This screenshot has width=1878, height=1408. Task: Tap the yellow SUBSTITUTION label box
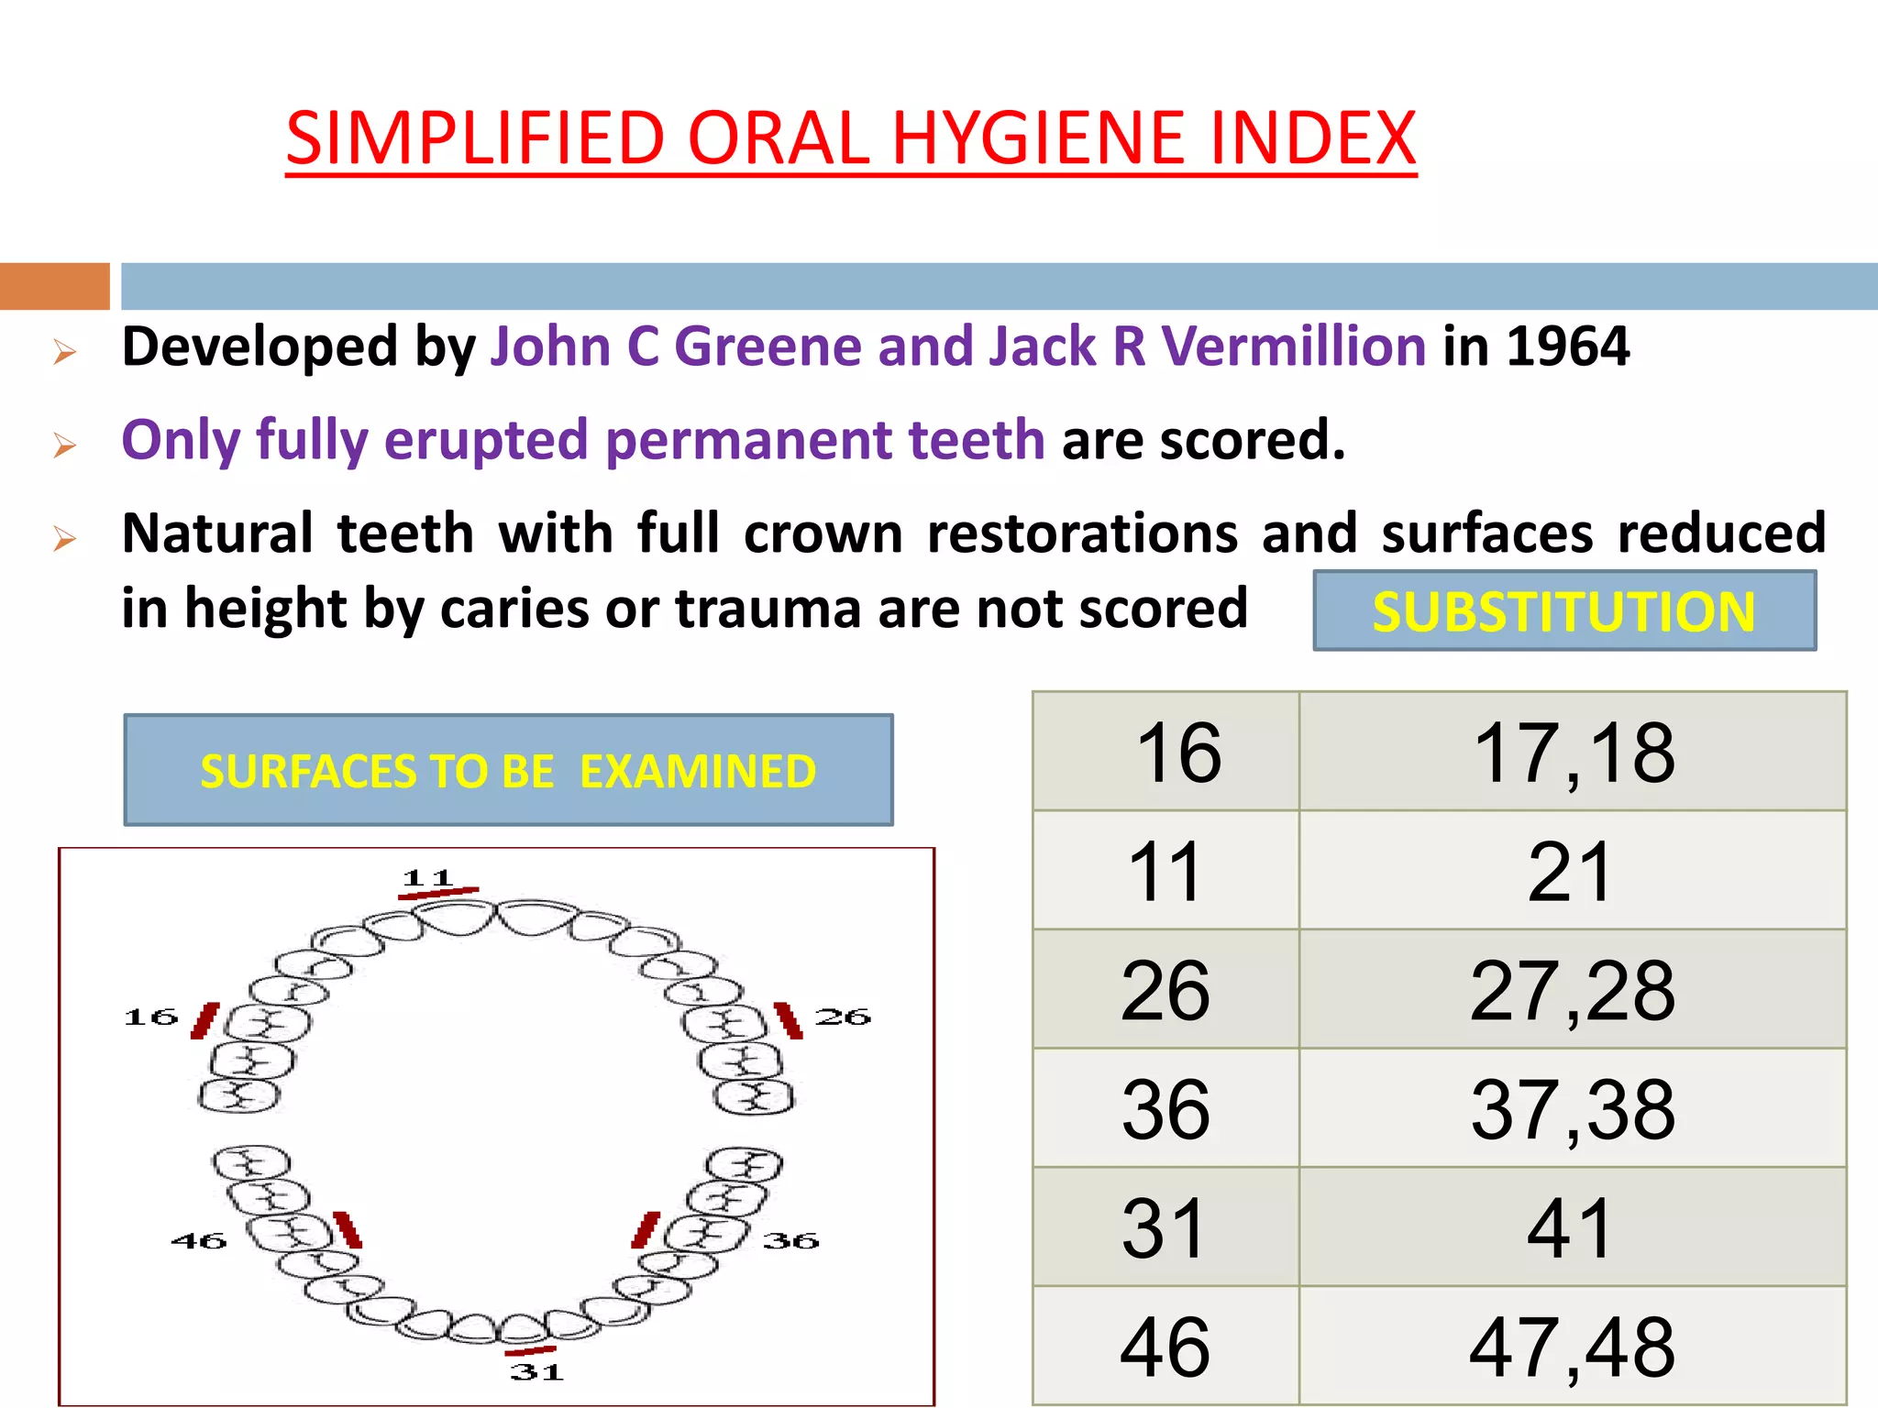click(x=1563, y=611)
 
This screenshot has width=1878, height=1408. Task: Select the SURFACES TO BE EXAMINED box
click(x=508, y=770)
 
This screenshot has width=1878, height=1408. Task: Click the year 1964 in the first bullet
click(x=1568, y=346)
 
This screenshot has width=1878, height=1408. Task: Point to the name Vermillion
click(x=1293, y=346)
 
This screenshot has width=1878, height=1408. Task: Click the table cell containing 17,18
click(x=1574, y=753)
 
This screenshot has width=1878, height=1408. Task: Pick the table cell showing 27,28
click(x=1573, y=990)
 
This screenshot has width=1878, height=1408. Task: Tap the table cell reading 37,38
click(x=1573, y=1109)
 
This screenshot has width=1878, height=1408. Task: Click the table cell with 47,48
click(x=1573, y=1347)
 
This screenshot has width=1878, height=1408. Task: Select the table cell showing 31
click(x=1165, y=1228)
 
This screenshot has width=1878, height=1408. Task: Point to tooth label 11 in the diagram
click(x=428, y=877)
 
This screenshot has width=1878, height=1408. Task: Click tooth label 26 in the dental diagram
click(x=843, y=1017)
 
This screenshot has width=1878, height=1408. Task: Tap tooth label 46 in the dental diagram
click(x=199, y=1241)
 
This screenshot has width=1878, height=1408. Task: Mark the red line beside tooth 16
click(x=205, y=1020)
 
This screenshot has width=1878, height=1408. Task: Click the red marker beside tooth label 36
click(x=646, y=1230)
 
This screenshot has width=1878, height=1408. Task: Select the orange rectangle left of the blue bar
click(x=54, y=286)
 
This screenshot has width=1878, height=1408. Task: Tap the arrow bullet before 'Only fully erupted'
click(x=64, y=445)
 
